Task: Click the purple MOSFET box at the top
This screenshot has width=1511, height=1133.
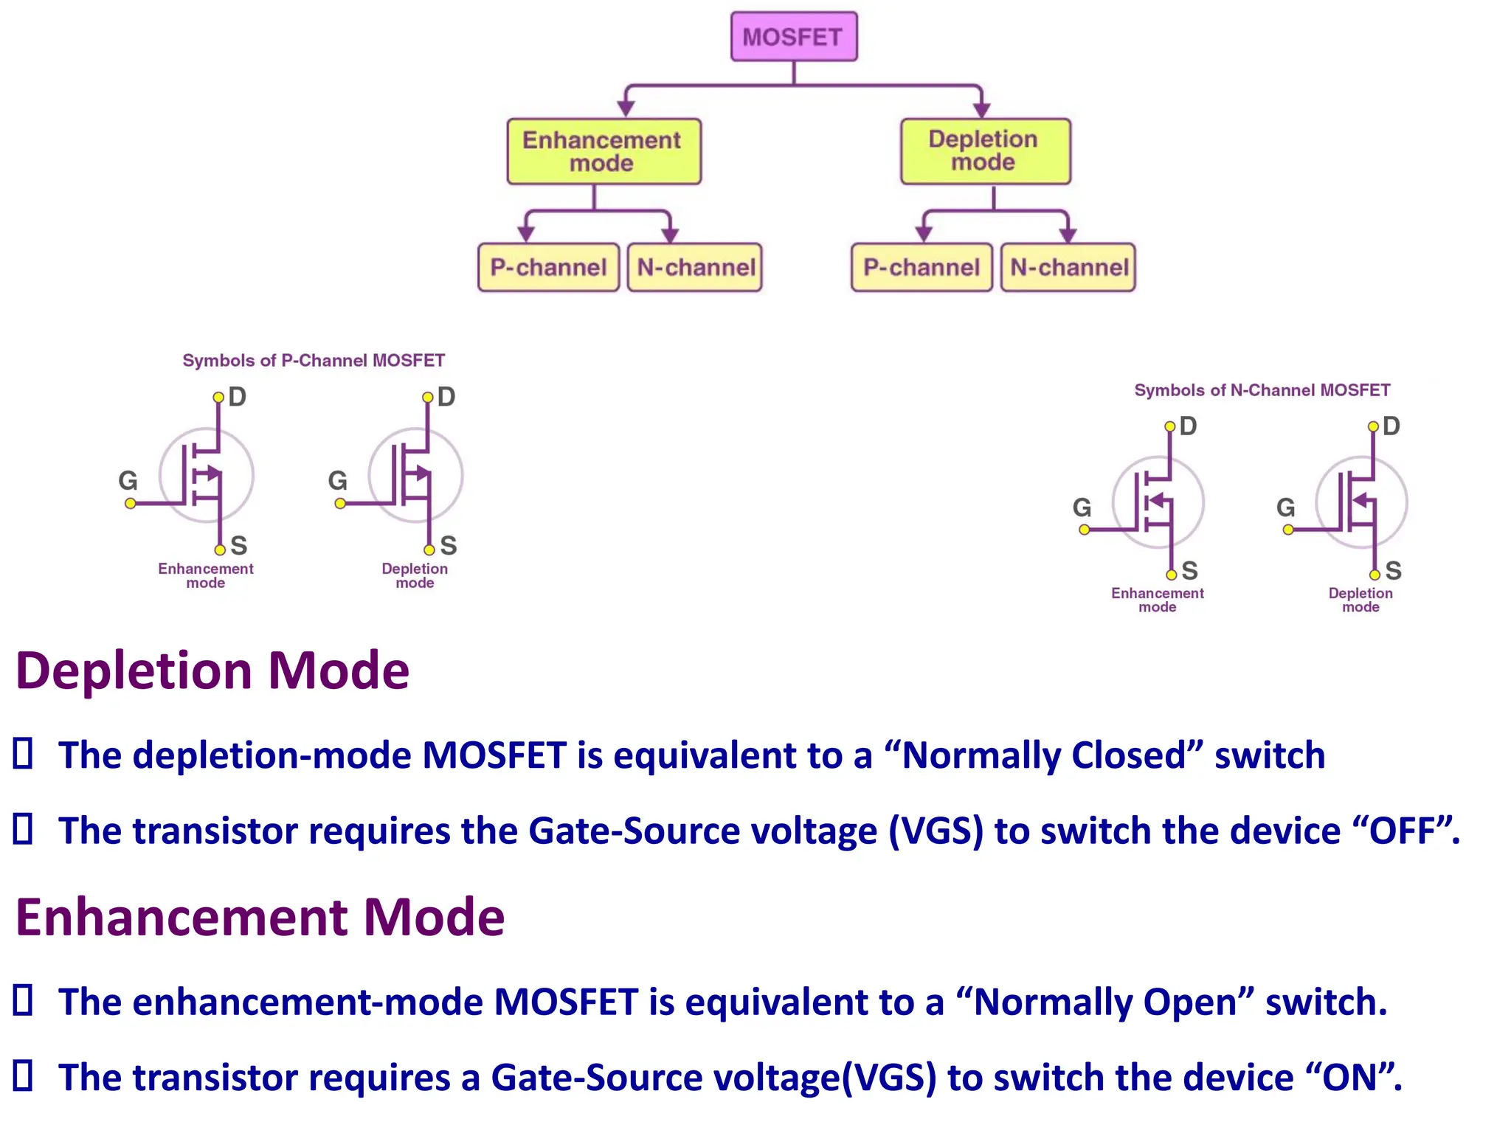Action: click(x=793, y=36)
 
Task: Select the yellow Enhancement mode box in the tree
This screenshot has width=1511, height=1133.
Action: click(x=603, y=151)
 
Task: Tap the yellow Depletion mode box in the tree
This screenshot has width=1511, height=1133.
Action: click(x=984, y=150)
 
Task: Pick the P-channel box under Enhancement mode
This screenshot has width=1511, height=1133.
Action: click(x=548, y=267)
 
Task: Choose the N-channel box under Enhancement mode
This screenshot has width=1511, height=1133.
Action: click(x=695, y=267)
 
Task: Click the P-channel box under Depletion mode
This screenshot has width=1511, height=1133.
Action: click(x=921, y=267)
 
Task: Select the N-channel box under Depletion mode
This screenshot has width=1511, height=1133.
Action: click(x=1068, y=267)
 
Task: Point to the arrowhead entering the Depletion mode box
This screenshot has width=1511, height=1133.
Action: click(x=981, y=110)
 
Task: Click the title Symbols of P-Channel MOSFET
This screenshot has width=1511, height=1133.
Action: click(x=314, y=361)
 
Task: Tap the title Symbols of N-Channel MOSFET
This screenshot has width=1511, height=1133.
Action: click(x=1262, y=390)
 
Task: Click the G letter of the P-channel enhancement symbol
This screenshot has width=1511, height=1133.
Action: click(x=128, y=481)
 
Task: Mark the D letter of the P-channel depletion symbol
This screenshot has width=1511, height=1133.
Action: click(x=446, y=397)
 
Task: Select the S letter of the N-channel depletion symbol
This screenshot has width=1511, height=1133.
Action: click(x=1393, y=570)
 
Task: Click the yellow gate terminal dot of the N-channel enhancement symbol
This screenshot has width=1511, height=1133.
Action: click(x=1084, y=530)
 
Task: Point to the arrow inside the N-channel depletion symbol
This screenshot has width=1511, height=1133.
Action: click(x=1362, y=501)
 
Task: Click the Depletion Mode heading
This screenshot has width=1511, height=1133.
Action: click(x=212, y=671)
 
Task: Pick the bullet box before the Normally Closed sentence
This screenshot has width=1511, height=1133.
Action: click(x=24, y=754)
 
